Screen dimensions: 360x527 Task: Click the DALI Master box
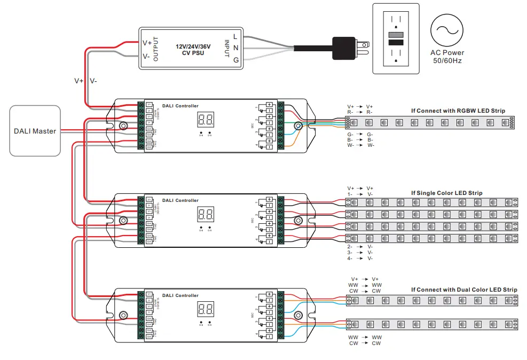pyautogui.click(x=35, y=131)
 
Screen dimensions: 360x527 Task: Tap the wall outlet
pyautogui.click(x=396, y=39)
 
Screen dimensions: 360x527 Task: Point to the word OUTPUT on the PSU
pyautogui.click(x=156, y=49)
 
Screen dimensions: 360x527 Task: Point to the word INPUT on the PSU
pyautogui.click(x=226, y=49)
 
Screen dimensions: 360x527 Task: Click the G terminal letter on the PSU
pyautogui.click(x=235, y=60)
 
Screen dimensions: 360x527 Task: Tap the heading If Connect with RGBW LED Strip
pyautogui.click(x=458, y=111)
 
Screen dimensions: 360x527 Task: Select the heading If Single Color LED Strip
pyautogui.click(x=446, y=193)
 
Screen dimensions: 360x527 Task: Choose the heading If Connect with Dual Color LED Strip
pyautogui.click(x=464, y=289)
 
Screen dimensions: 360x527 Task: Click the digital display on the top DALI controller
pyautogui.click(x=206, y=120)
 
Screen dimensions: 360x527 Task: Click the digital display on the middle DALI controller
pyautogui.click(x=206, y=215)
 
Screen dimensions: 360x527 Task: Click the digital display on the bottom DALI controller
pyautogui.click(x=206, y=308)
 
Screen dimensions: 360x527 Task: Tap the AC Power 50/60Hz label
pyautogui.click(x=446, y=57)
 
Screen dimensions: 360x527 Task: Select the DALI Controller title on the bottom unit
pyautogui.click(x=180, y=295)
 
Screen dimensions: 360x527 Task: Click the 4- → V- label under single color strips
pyautogui.click(x=359, y=258)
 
